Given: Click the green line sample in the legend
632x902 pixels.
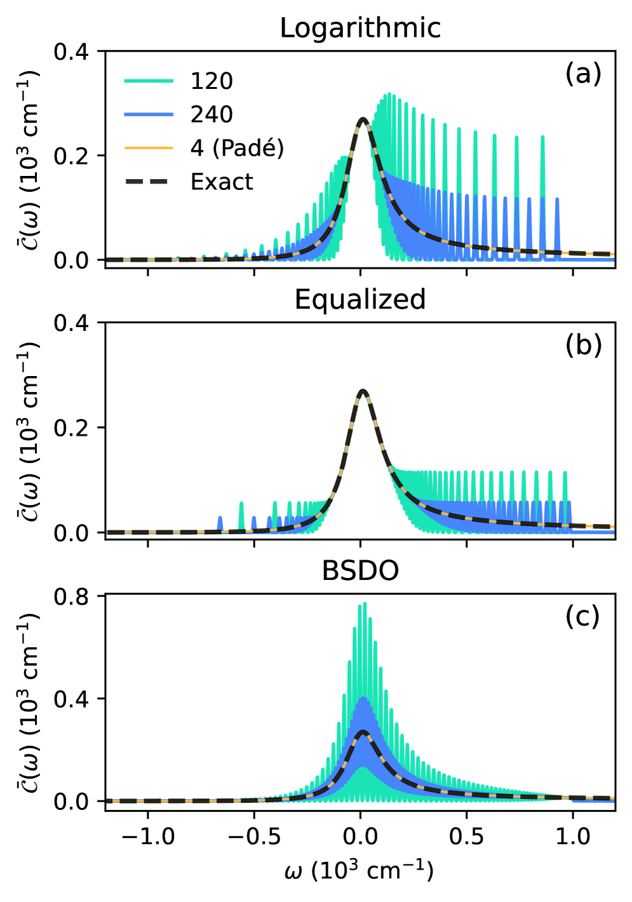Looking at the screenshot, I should coord(149,81).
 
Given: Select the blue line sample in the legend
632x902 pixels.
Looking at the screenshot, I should coord(149,114).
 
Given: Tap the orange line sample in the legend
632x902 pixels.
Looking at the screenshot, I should coord(149,148).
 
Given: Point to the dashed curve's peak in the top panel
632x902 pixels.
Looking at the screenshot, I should coord(363,119).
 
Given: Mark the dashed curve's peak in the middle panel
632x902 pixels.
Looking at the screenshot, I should coord(362,391).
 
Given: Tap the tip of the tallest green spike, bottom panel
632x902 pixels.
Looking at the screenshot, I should coord(365,603).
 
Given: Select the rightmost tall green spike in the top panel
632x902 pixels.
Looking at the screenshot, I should coord(542,137).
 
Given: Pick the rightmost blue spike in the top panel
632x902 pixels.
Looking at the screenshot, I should coord(557,199).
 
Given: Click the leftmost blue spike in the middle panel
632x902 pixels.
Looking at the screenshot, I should coord(220,518).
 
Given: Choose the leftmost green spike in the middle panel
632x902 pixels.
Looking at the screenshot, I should coord(241,504).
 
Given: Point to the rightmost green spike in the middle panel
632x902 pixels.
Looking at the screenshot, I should coord(565,473).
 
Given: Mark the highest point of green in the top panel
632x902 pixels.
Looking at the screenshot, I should coord(389,94).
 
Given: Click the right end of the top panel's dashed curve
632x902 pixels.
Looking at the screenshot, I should coord(614,254).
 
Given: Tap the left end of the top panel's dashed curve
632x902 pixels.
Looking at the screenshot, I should coord(107,260).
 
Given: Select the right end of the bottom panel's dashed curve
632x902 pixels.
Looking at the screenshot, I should coord(614,798).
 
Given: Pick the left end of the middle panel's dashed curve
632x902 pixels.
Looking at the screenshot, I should coord(107,532).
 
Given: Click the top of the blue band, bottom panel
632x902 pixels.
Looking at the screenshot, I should coord(363,698).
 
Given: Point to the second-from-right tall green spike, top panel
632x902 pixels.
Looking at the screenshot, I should coord(516,137).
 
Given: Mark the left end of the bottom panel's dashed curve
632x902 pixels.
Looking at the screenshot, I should coord(107,801).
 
